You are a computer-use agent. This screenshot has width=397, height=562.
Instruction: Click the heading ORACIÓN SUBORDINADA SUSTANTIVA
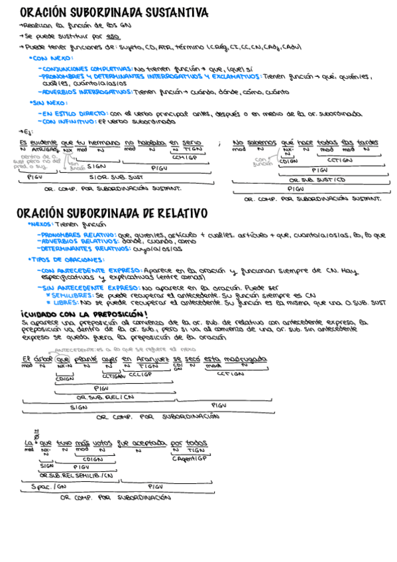(113, 13)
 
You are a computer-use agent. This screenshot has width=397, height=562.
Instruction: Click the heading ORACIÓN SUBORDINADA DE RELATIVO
(112, 213)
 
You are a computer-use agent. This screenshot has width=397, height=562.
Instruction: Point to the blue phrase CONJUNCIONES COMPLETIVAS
(85, 68)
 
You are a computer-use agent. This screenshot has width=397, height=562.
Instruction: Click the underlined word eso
(113, 36)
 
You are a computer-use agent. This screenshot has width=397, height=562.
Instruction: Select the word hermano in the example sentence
(104, 142)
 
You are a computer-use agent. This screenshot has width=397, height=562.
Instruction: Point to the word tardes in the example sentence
(368, 142)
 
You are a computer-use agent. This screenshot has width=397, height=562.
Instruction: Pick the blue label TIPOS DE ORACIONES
(66, 259)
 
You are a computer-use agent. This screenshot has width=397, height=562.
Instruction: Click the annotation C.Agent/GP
(190, 459)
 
